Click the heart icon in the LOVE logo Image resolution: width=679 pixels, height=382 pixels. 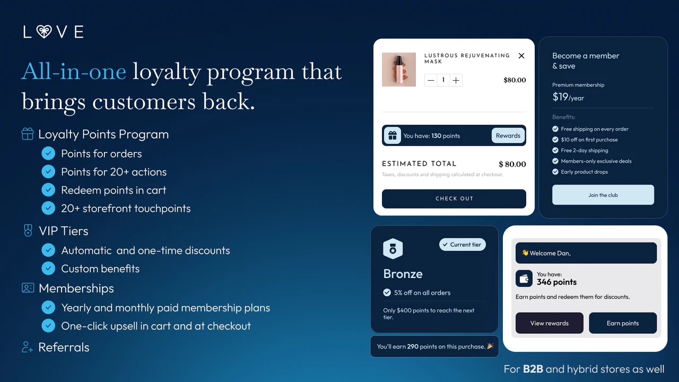pos(44,32)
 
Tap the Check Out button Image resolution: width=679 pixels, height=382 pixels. pos(454,198)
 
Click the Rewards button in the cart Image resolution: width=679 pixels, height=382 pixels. pos(508,135)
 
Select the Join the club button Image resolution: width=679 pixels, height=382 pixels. pos(603,195)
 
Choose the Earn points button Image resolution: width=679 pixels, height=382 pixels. pos(623,323)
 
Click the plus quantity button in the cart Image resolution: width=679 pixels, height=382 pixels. pos(456,80)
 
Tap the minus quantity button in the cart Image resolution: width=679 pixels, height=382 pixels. pos(431,80)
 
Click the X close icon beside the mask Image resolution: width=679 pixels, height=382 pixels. pos(521,56)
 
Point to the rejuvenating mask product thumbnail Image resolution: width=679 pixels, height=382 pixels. pos(399,70)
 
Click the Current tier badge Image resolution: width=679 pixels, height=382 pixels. pos(462,245)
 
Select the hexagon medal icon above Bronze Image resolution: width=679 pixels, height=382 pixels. pos(393,249)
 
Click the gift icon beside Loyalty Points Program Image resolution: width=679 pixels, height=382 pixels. pos(28,134)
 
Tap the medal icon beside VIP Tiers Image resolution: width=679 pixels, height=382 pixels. pos(28,231)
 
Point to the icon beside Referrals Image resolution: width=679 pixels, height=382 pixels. pos(28,348)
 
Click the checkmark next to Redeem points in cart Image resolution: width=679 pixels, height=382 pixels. pos(48,190)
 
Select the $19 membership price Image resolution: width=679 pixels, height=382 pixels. pos(560,97)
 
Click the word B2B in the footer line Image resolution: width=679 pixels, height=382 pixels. pos(533,369)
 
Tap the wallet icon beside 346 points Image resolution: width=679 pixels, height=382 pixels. pos(525,279)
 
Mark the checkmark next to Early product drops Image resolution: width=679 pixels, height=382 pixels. pos(555,172)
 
